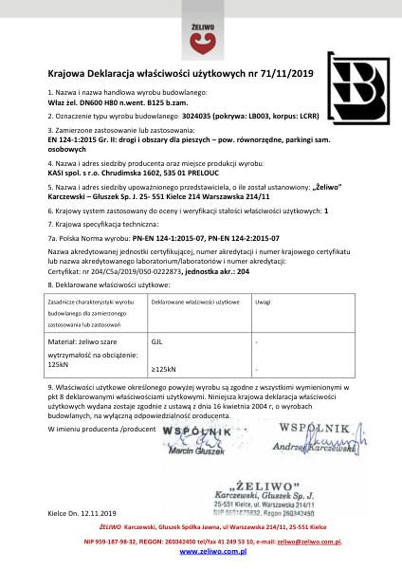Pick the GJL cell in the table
pos(157,338)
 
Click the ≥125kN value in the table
pos(163,368)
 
